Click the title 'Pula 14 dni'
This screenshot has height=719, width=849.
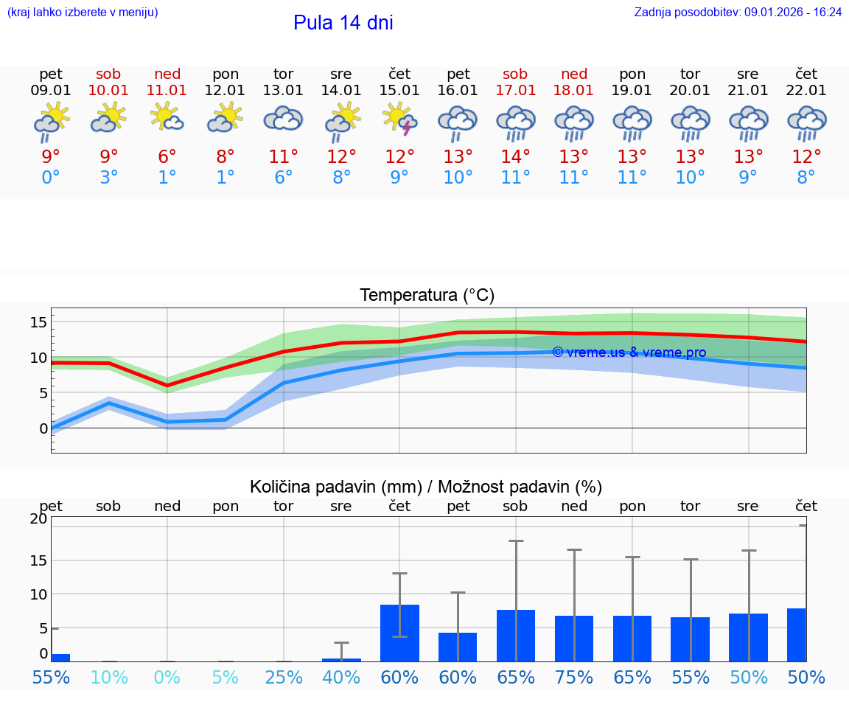coord(343,23)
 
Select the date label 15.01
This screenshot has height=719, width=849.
coord(399,91)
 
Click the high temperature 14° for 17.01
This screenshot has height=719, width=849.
coord(515,156)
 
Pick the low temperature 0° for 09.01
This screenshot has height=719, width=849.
coord(51,177)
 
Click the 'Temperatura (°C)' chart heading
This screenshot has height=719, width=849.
coord(427,296)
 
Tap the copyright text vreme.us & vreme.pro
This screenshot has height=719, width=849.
coord(629,352)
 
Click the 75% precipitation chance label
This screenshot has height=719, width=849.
coord(574,678)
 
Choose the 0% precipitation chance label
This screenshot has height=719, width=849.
coord(167,678)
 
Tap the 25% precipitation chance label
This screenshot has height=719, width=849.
coord(284,678)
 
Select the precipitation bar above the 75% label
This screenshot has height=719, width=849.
coord(574,639)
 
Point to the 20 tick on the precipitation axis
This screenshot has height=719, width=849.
coord(38,518)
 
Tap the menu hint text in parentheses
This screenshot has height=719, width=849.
coord(83,12)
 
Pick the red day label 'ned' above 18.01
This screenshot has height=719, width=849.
coord(574,74)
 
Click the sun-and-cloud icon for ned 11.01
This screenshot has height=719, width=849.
coord(167,117)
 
